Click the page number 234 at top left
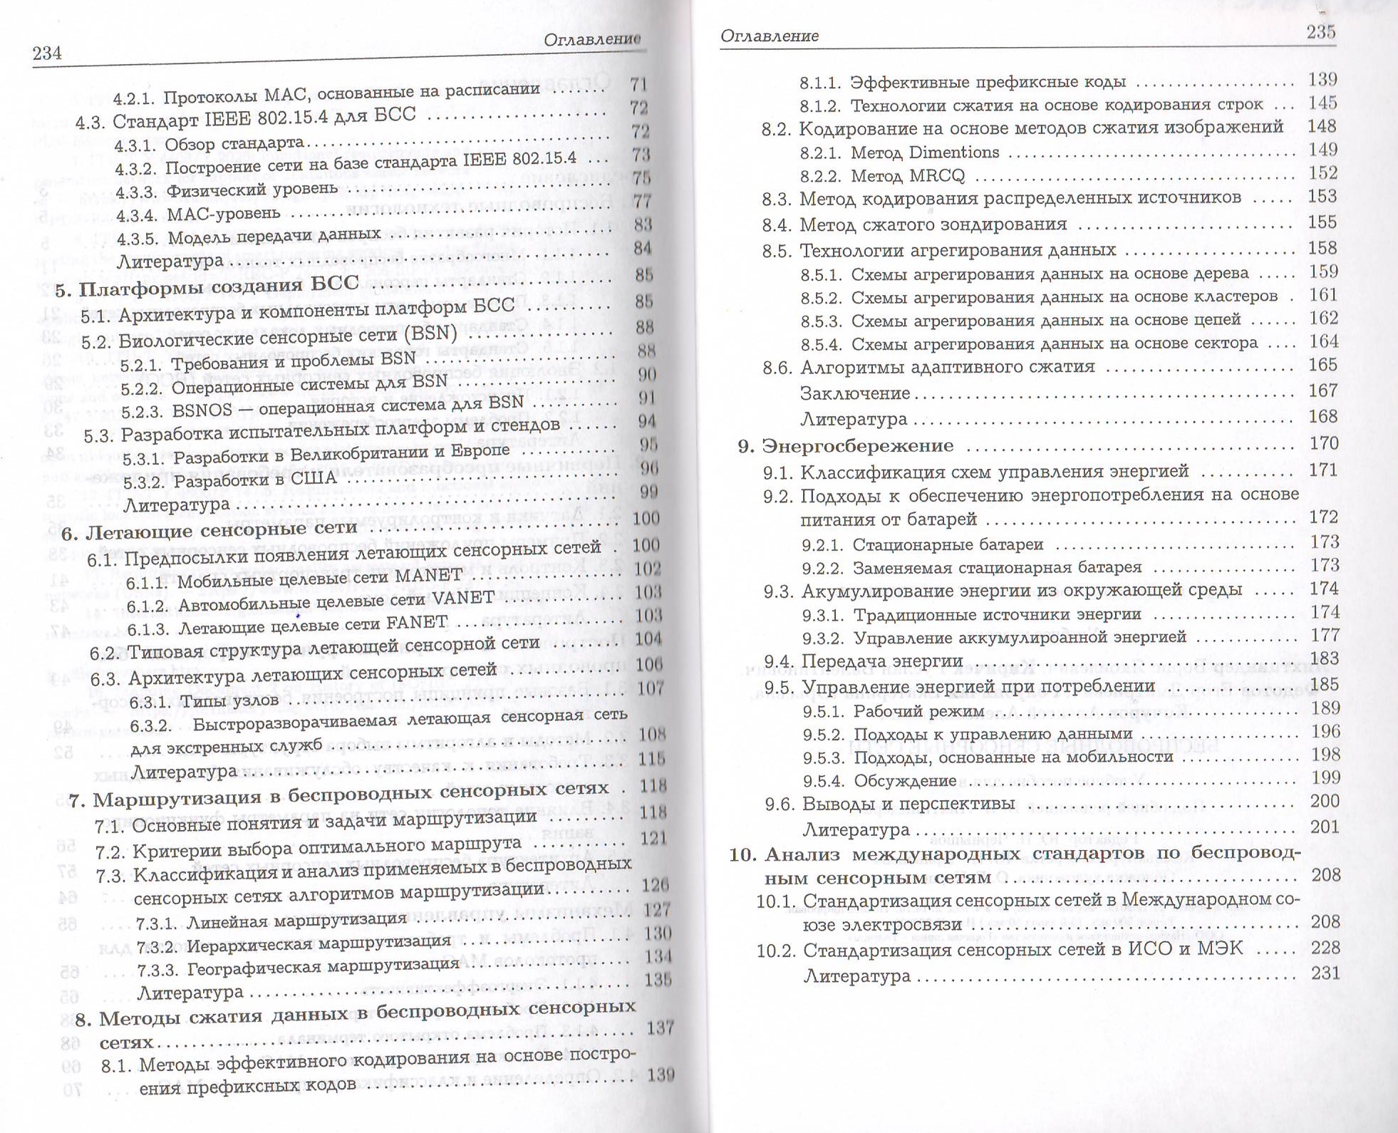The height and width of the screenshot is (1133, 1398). click(46, 53)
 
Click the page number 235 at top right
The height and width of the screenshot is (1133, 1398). click(1320, 32)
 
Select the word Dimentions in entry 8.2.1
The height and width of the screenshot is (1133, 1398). click(954, 152)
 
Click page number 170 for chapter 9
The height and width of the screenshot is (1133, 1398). click(1324, 443)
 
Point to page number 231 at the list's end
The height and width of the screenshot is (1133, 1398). click(1325, 973)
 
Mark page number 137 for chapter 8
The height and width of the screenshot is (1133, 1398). click(660, 1028)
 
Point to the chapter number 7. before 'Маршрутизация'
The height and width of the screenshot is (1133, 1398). click(78, 800)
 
